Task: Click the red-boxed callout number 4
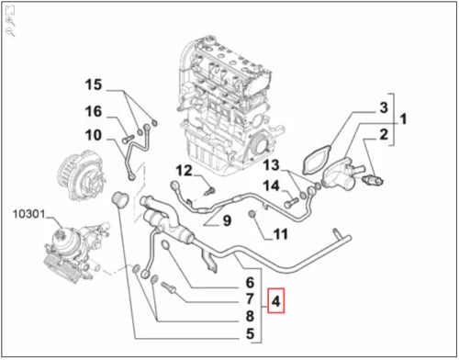point(275,301)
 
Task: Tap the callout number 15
point(94,84)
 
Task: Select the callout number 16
point(94,111)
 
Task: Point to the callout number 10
point(94,135)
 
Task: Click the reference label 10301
point(28,214)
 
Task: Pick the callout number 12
point(184,171)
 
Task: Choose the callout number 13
point(272,165)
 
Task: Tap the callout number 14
point(272,186)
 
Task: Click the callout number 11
point(281,234)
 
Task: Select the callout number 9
point(227,220)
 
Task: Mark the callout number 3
point(384,107)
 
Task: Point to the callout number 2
point(384,134)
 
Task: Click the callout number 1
point(404,119)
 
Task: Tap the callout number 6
point(250,283)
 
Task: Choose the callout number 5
point(250,333)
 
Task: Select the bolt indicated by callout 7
point(167,287)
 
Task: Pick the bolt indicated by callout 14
point(291,202)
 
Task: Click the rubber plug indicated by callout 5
point(118,199)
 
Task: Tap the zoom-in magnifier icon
point(10,21)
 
